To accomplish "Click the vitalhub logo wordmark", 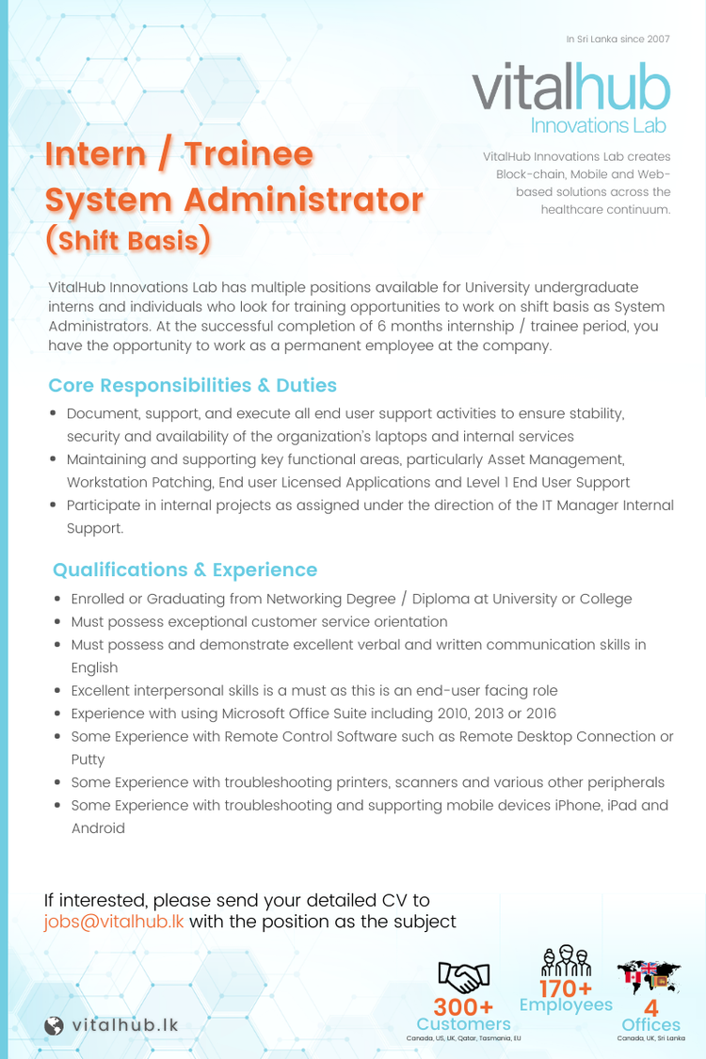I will [572, 89].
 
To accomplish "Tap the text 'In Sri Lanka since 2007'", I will [618, 39].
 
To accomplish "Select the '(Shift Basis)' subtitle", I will [128, 239].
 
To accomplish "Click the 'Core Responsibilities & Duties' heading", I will [192, 385].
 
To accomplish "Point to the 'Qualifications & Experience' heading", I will [185, 570].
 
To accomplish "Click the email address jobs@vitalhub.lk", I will [114, 921].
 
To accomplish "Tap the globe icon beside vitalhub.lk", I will [55, 1025].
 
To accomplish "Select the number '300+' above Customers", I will [463, 1009].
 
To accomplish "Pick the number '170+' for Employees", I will [566, 988].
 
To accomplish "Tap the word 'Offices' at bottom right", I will [650, 1024].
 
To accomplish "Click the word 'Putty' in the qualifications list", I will [88, 759].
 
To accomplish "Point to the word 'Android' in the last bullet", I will [98, 828].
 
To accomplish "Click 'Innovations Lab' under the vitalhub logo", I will [599, 125].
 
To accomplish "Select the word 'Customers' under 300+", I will [463, 1024].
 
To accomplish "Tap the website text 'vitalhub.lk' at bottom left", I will [124, 1025].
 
